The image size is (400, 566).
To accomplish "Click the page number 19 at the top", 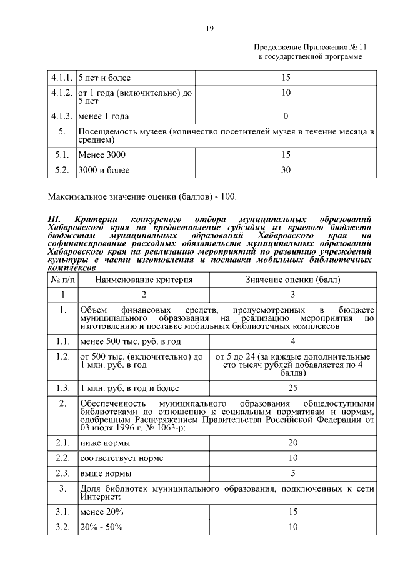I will pyautogui.click(x=210, y=28).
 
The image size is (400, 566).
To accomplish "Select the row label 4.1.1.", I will pyautogui.click(x=61, y=78).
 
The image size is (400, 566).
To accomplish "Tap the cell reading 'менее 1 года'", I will pyautogui.click(x=104, y=116).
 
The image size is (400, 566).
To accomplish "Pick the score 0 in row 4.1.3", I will pyautogui.click(x=286, y=116).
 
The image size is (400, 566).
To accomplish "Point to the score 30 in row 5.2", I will pyautogui.click(x=286, y=169).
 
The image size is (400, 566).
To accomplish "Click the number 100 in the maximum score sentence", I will pyautogui.click(x=229, y=197).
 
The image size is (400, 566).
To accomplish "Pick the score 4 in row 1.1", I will pyautogui.click(x=292, y=341).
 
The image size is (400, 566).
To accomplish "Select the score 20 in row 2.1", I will pyautogui.click(x=292, y=443).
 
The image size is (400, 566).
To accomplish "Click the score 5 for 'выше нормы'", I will pyautogui.click(x=292, y=473).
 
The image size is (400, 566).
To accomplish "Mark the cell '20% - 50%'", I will pyautogui.click(x=101, y=527).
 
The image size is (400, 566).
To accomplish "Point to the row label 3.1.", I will pyautogui.click(x=61, y=512).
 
